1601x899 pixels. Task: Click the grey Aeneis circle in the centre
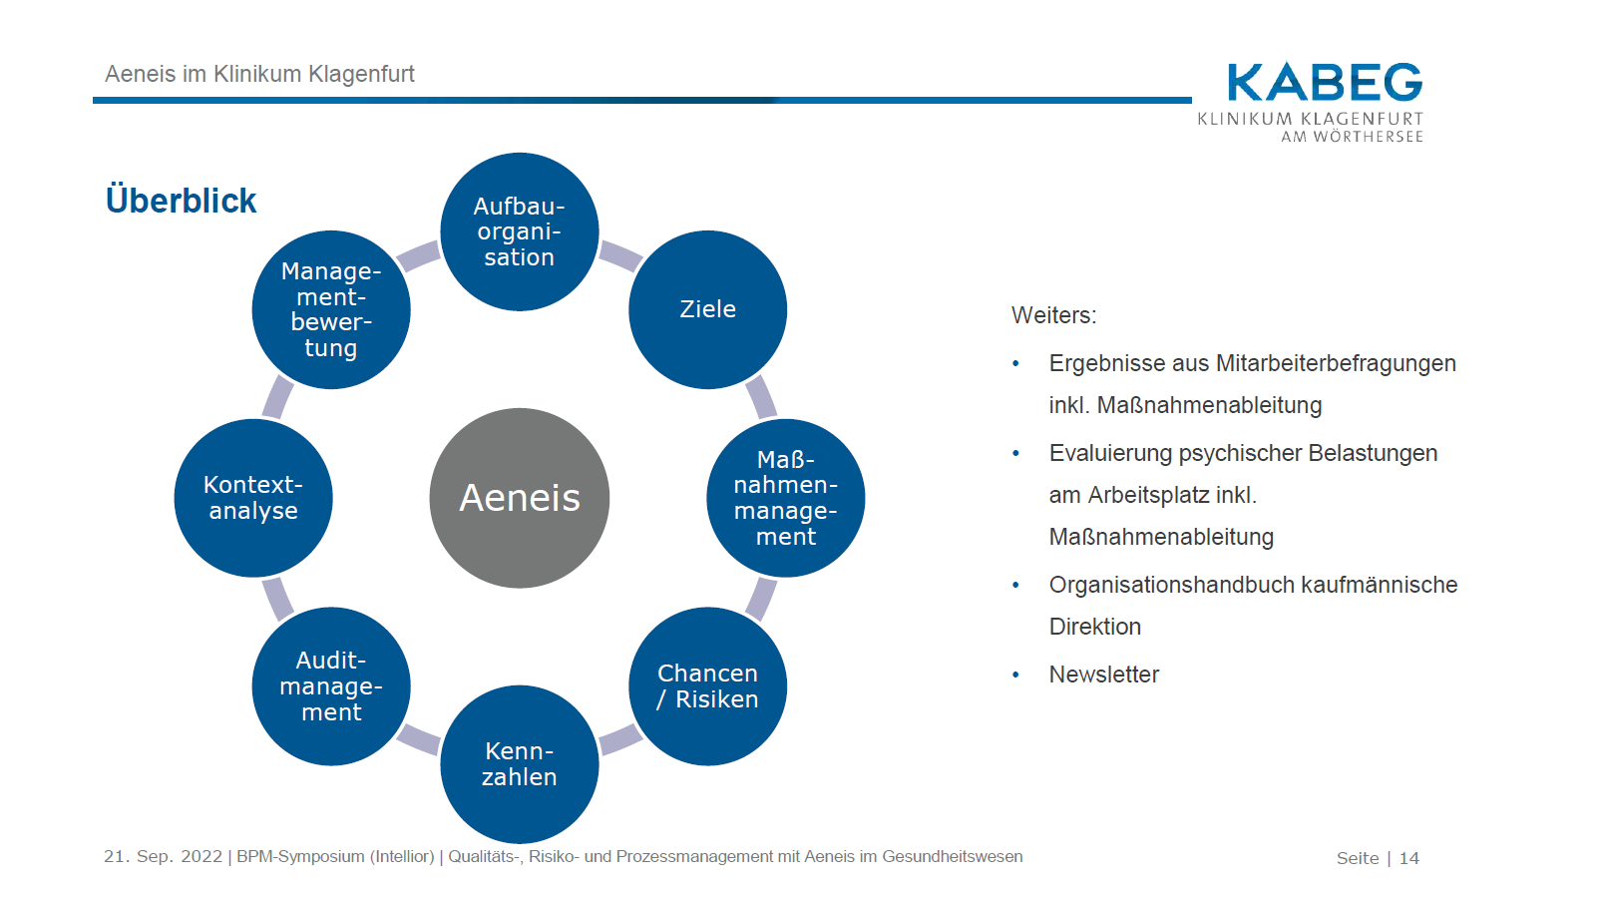(x=519, y=498)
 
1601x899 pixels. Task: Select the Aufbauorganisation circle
(x=519, y=231)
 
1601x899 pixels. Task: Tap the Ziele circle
(x=707, y=309)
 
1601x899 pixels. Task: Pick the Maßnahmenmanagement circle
(x=785, y=498)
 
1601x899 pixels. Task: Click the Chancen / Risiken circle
(x=707, y=686)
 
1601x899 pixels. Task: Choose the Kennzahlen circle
(x=519, y=764)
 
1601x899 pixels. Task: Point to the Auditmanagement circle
(x=331, y=686)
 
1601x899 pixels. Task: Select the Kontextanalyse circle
(x=253, y=498)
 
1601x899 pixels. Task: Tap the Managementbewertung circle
(x=331, y=309)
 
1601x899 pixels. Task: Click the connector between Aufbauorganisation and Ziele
(x=619, y=255)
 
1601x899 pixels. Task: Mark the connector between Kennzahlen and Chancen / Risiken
(x=619, y=739)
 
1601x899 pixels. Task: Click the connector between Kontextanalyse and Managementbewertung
(x=277, y=397)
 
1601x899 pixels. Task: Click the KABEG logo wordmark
(x=1324, y=83)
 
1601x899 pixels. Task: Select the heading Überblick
(x=182, y=201)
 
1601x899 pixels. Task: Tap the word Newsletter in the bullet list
(x=1103, y=674)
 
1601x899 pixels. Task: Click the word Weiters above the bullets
(x=1052, y=315)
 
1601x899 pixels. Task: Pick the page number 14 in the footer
(x=1408, y=858)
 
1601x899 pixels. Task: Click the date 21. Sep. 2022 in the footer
(x=164, y=856)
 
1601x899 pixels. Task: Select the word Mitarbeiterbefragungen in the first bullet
(x=1336, y=363)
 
